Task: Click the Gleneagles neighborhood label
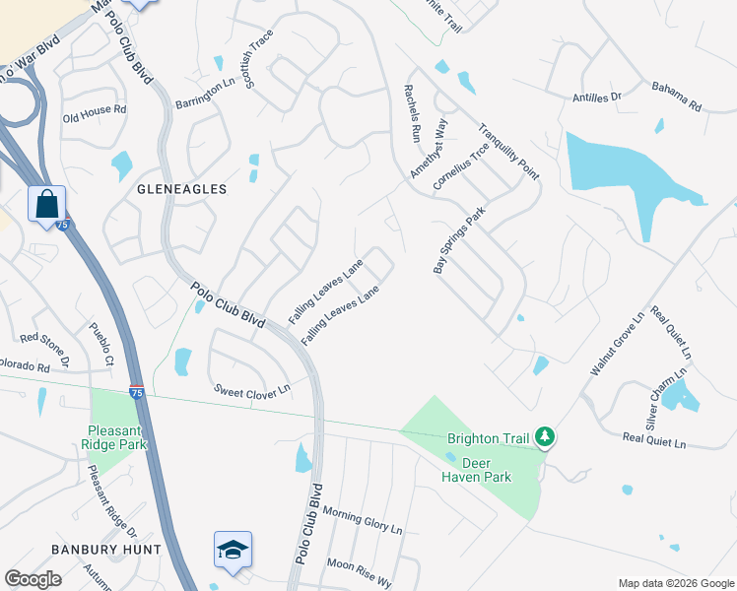pyautogui.click(x=182, y=188)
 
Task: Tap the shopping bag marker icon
pyautogui.click(x=46, y=206)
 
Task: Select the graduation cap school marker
pyautogui.click(x=233, y=550)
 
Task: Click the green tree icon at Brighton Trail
pyautogui.click(x=543, y=436)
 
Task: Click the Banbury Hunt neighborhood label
pyautogui.click(x=95, y=549)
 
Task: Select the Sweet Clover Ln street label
pyautogui.click(x=252, y=390)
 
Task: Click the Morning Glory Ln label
pyautogui.click(x=364, y=521)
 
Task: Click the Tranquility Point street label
pyautogui.click(x=508, y=151)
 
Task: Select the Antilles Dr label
pyautogui.click(x=598, y=98)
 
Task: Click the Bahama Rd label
pyautogui.click(x=676, y=97)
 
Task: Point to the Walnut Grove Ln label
pyautogui.click(x=616, y=345)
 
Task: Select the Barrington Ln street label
pyautogui.click(x=206, y=91)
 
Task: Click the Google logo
pyautogui.click(x=33, y=579)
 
